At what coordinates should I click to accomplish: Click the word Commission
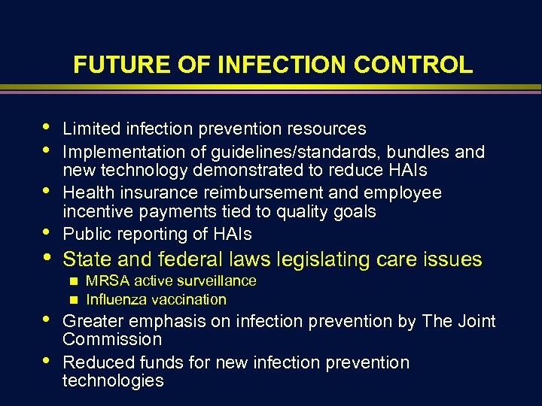coord(112,340)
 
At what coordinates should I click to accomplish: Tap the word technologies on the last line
coord(113,380)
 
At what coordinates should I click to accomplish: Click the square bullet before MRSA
coord(74,281)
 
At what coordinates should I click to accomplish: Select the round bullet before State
coord(50,259)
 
